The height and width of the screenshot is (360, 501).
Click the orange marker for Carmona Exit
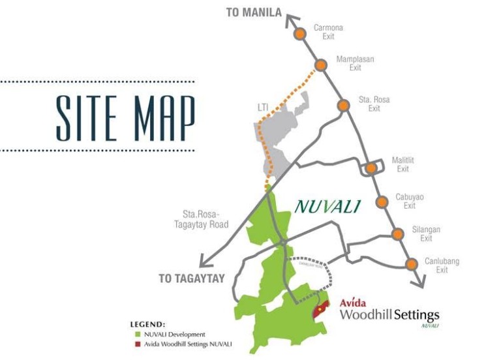[299, 33]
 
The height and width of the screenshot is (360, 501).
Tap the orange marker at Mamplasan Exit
[320, 65]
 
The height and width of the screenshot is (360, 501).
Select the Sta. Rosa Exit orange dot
[343, 106]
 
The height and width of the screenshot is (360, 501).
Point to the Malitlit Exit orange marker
[371, 168]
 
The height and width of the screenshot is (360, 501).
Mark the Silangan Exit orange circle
[397, 234]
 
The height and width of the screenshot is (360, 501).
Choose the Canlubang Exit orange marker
[411, 264]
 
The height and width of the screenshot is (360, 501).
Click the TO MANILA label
[254, 12]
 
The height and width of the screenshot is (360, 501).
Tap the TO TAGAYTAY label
[192, 278]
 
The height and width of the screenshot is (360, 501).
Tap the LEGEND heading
[148, 324]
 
